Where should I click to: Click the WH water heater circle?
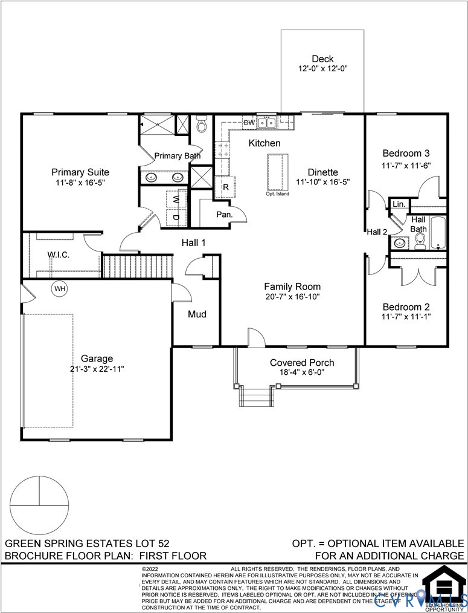point(59,288)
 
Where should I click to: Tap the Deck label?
point(322,59)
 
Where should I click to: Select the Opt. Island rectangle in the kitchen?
point(277,172)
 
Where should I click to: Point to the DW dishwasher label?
point(249,123)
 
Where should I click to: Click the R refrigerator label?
point(225,187)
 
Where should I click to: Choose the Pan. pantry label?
point(225,214)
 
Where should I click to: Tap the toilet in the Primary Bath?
point(202,125)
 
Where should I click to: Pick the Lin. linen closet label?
point(399,204)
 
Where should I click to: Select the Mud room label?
point(197,314)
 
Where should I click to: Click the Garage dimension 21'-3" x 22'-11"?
point(97,368)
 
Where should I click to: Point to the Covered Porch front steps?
point(254,397)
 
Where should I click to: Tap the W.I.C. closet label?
point(59,255)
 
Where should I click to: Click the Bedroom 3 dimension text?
point(406,165)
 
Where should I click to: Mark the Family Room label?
point(292,287)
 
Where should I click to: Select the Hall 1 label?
point(194,243)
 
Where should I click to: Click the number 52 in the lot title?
point(166,543)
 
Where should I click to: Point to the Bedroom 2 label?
point(406,306)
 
